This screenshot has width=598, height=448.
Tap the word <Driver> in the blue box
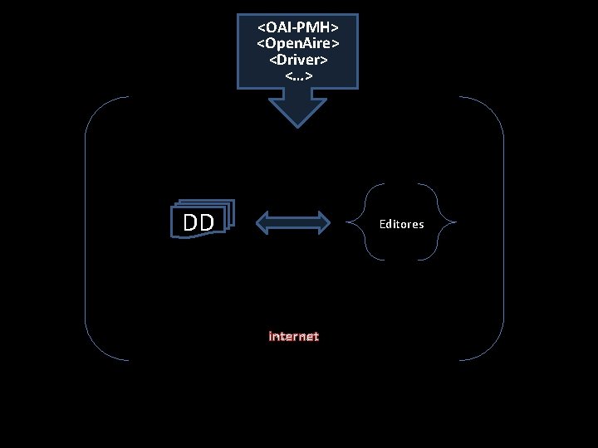pos(298,60)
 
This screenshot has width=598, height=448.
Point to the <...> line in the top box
pos(298,75)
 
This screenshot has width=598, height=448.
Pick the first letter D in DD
pos(190,222)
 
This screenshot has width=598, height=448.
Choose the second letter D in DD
pos(207,222)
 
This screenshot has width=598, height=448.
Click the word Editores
pos(401,224)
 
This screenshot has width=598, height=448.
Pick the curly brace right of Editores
pos(449,222)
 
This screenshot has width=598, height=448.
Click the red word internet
pos(293,336)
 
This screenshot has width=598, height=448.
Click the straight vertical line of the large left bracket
pos(86,228)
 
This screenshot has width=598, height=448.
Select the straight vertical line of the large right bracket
pos(503,228)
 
